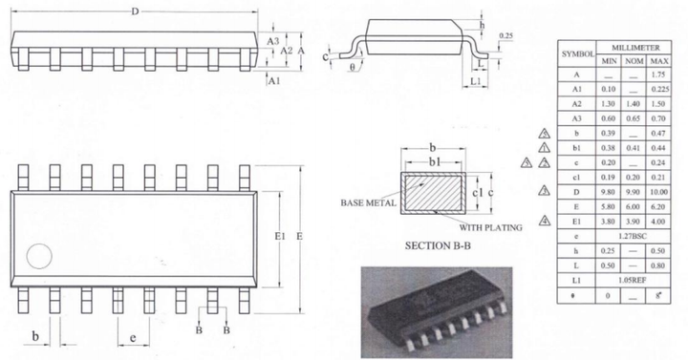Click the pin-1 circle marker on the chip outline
(38, 256)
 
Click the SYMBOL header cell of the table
(576, 53)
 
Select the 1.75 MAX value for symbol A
(657, 74)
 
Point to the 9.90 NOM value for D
(633, 192)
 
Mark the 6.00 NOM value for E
(633, 205)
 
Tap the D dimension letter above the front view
(135, 11)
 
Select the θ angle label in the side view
(352, 69)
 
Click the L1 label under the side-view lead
(475, 81)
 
